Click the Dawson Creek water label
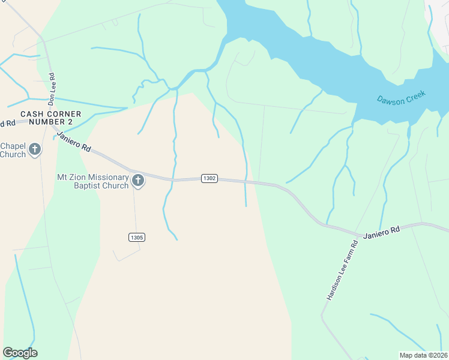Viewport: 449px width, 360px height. (x=401, y=97)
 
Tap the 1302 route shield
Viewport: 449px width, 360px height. (x=209, y=179)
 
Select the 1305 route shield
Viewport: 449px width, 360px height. (x=136, y=238)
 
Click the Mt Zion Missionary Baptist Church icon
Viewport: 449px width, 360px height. (x=138, y=181)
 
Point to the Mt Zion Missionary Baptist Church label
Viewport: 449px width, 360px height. (x=93, y=181)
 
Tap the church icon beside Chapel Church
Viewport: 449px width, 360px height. (x=35, y=149)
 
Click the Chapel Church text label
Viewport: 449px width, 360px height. (x=13, y=150)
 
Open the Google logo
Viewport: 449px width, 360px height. (x=20, y=353)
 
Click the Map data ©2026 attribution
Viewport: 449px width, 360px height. (x=423, y=355)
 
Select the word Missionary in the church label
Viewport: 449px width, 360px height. (x=107, y=178)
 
